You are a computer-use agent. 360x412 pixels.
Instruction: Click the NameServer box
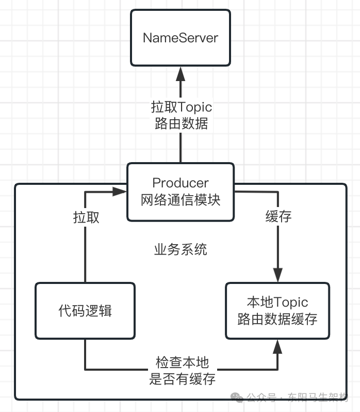tap(180, 38)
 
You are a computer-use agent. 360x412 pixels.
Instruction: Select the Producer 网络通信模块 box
tap(180, 192)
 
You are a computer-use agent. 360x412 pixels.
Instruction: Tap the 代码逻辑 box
tap(85, 311)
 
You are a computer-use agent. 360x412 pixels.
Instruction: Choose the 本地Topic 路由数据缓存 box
tap(277, 311)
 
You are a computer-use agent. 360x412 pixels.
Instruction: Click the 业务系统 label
tap(181, 250)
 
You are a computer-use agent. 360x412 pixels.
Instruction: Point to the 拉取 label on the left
tap(86, 217)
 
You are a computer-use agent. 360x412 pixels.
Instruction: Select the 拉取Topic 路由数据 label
tap(181, 115)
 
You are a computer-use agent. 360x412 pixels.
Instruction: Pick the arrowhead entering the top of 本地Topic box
tap(278, 276)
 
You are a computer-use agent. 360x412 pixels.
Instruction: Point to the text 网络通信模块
tap(181, 200)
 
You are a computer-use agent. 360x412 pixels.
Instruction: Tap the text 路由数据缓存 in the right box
tap(277, 319)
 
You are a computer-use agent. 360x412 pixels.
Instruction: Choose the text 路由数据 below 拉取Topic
tap(181, 124)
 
